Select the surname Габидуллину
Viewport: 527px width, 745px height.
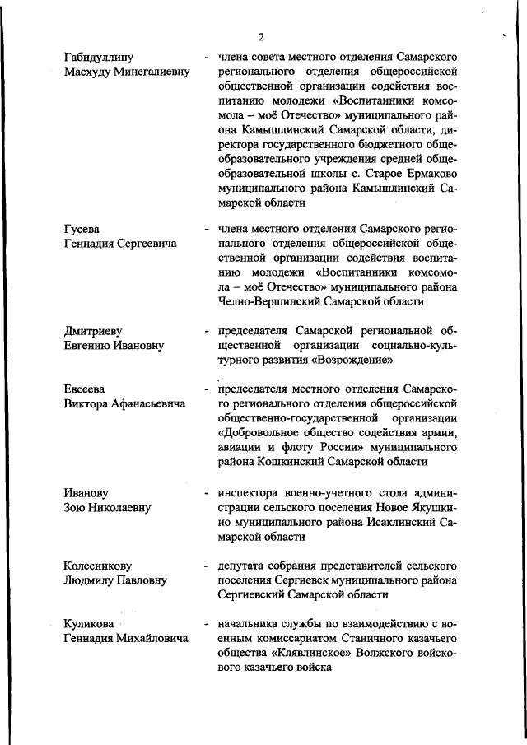[x=104, y=57]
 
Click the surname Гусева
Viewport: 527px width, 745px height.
[x=82, y=228]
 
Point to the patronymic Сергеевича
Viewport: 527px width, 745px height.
[x=146, y=244]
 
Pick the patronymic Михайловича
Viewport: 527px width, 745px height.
[x=153, y=639]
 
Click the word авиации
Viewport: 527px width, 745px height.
[x=243, y=447]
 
